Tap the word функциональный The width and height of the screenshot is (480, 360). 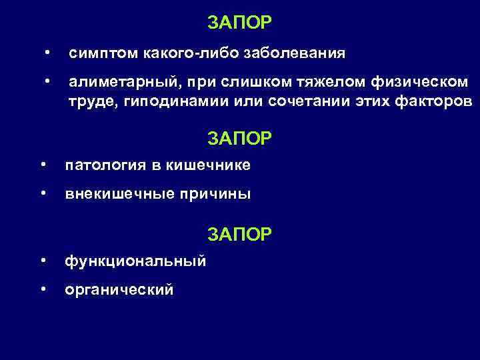point(135,261)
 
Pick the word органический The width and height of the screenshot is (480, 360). point(119,290)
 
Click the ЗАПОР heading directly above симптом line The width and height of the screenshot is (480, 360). point(239,23)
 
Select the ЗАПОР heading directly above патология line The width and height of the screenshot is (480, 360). point(239,138)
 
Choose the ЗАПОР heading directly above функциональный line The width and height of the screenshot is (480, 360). point(239,234)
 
